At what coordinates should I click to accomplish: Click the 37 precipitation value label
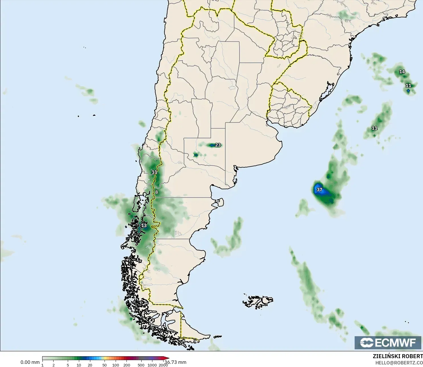click(319, 190)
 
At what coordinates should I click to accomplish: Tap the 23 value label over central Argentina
click(218, 145)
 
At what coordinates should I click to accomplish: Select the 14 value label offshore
click(402, 72)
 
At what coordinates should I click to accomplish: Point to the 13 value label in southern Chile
click(144, 226)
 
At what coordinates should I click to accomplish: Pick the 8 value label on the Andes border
click(156, 192)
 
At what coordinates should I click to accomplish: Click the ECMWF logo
click(388, 342)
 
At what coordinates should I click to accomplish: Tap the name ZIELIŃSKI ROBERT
click(398, 356)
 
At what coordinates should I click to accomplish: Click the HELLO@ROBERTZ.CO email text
click(399, 363)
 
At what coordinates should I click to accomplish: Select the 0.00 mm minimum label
click(30, 362)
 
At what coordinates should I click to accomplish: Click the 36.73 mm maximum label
click(175, 362)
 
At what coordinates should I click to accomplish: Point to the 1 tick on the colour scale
click(42, 365)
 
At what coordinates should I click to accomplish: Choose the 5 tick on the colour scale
click(68, 365)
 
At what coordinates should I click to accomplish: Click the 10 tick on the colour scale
click(79, 365)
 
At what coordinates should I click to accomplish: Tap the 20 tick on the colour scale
click(90, 365)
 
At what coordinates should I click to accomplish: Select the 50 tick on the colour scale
click(105, 365)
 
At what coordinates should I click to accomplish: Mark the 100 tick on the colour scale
click(116, 365)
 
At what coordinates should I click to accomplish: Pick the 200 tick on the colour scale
click(127, 365)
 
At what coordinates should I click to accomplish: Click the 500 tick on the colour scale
click(141, 365)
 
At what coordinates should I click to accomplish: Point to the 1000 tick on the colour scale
click(152, 365)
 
